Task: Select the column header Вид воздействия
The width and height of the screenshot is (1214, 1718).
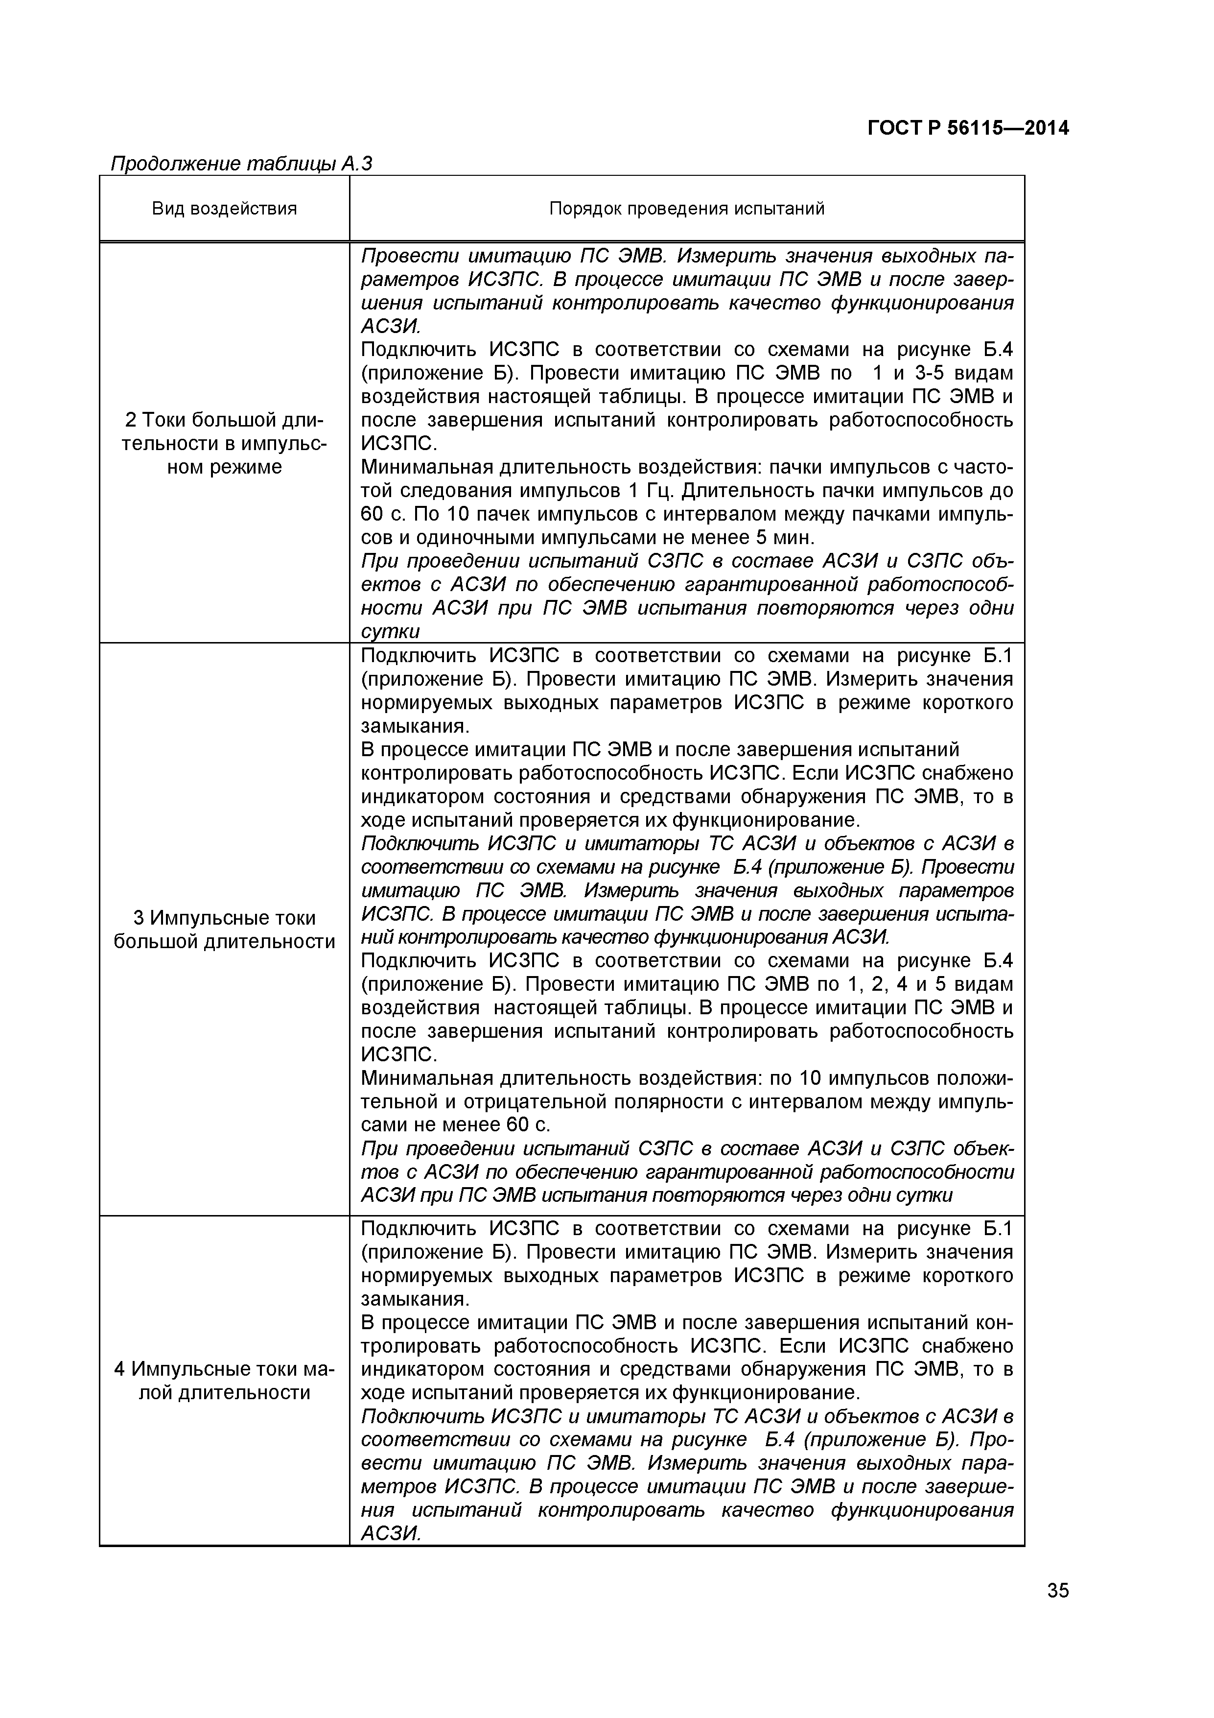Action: point(224,209)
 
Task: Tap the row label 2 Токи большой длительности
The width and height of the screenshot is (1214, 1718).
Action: point(224,443)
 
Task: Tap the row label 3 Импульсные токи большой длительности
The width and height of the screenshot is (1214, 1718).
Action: point(224,930)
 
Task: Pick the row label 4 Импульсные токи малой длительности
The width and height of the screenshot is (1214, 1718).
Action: point(224,1381)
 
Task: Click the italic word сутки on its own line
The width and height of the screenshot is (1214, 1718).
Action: point(391,632)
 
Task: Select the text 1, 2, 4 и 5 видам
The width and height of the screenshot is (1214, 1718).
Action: point(918,984)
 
